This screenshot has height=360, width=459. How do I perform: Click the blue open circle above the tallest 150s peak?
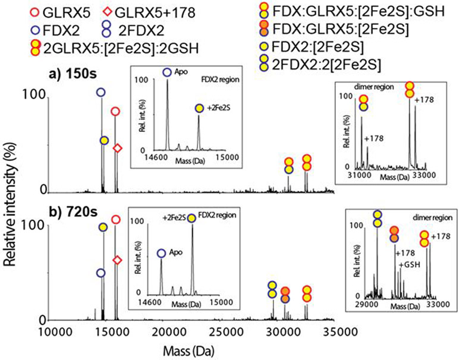[x=101, y=93]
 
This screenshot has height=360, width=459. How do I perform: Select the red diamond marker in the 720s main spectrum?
[x=118, y=260]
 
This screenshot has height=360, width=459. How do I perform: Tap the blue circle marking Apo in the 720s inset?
[x=161, y=253]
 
